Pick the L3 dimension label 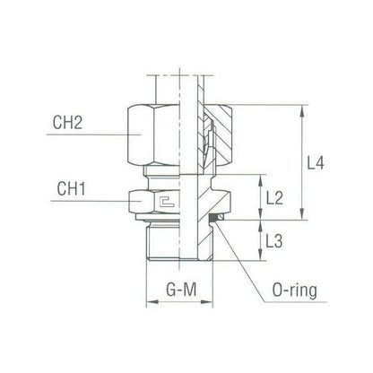point(276,240)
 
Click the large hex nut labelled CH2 point(158,134)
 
